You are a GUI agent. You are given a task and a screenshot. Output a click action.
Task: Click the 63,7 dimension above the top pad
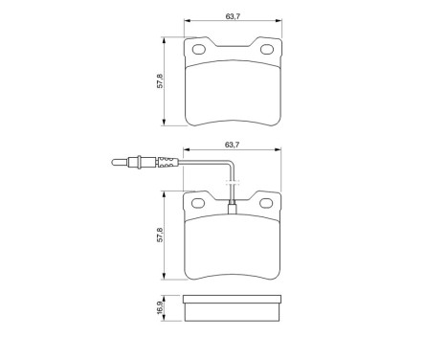pos(231,14)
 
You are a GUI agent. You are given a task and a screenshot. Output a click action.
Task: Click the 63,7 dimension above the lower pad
pos(231,145)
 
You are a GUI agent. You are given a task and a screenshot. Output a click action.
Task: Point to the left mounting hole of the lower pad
pos(199,203)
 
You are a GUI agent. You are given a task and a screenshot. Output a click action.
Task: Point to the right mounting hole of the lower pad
pos(263,203)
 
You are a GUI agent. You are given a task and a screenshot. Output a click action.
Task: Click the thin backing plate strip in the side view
pos(232,299)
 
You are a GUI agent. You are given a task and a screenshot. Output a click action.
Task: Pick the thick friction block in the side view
pos(232,309)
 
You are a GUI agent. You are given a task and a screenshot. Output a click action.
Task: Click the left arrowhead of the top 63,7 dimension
pos(186,22)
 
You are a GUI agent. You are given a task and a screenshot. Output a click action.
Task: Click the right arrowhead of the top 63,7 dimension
pos(278,22)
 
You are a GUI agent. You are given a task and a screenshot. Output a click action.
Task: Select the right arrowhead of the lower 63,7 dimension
pos(278,152)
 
